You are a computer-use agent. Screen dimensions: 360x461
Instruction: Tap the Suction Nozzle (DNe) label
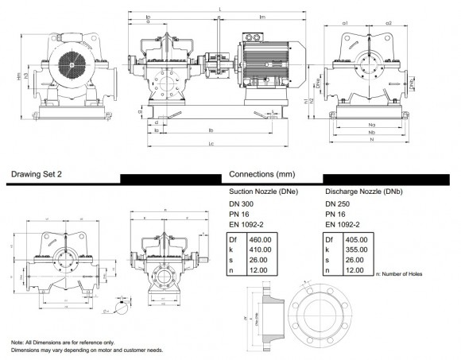tap(264, 192)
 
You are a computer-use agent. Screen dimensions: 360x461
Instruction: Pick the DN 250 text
tap(339, 205)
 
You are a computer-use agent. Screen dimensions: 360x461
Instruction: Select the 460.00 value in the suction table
tap(259, 238)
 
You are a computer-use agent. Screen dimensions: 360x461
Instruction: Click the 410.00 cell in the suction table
tap(259, 249)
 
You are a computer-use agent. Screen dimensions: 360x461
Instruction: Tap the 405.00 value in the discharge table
tap(356, 238)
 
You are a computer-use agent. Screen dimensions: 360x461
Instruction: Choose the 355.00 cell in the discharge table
tap(356, 249)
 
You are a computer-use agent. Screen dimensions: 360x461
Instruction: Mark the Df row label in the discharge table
tap(330, 238)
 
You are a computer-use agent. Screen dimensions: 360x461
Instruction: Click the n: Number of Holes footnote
tap(397, 274)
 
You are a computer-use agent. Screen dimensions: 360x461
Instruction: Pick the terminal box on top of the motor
tap(254, 37)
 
